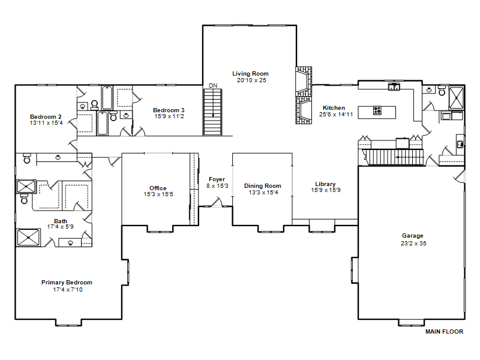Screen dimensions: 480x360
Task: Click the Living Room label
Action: coord(250,73)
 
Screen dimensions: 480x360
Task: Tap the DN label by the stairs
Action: coord(213,86)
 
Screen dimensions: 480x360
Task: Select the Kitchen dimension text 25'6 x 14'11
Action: coord(336,115)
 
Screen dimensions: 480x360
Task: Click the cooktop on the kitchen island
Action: coord(377,110)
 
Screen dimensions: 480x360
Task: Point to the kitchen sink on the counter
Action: coord(394,86)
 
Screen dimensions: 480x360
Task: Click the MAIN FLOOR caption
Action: coord(444,332)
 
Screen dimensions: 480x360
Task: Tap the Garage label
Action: coord(413,236)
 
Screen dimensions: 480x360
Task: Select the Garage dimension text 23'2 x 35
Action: coord(413,244)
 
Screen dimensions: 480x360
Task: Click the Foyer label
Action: coord(217,179)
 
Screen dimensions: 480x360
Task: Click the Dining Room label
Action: coord(263,186)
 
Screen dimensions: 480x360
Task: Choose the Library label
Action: coord(325,184)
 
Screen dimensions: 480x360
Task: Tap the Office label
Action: coord(158,188)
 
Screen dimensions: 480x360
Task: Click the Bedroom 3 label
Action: coord(169,110)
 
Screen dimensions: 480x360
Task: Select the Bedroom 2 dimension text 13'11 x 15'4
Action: coord(46,123)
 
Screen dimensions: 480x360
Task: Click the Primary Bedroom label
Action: coord(67,283)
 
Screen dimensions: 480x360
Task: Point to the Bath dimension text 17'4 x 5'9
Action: coord(61,227)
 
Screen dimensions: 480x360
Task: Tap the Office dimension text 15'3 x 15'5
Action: coord(158,194)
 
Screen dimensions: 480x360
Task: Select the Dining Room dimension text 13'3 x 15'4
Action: coord(263,193)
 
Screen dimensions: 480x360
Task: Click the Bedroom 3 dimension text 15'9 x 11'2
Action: coord(169,116)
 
